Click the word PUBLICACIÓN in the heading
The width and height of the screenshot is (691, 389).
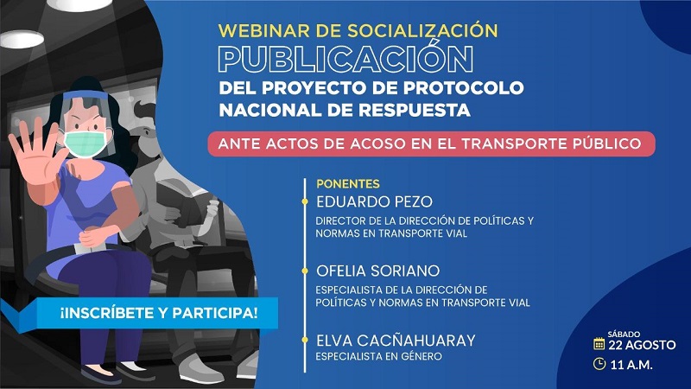coord(345,59)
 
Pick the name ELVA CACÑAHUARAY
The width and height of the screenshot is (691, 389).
coord(396,340)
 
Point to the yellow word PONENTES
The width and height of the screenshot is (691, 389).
coord(348,184)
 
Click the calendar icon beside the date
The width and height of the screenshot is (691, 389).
coord(599,343)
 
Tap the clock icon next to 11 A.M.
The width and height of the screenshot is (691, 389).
coord(599,363)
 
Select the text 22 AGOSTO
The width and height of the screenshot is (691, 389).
coord(640,344)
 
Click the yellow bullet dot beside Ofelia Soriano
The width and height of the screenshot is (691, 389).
coord(304,270)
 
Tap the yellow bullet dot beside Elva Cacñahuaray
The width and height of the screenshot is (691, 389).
coord(304,340)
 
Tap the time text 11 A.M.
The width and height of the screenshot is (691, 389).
coord(631,363)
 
